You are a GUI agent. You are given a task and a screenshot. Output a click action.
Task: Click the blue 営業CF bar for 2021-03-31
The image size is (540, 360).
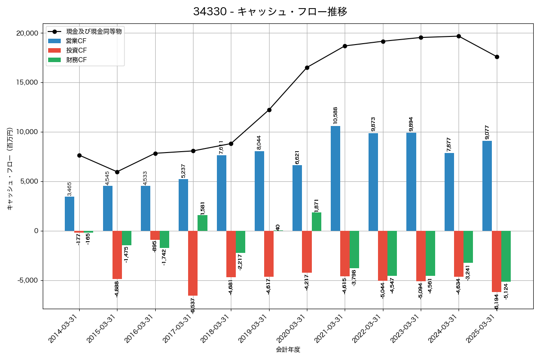(x=335, y=178)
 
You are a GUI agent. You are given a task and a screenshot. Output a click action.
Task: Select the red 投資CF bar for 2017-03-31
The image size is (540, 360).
(x=193, y=263)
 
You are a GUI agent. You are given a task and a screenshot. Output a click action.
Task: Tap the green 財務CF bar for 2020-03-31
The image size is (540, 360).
(x=316, y=222)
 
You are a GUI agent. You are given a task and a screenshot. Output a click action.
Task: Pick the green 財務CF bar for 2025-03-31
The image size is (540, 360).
(x=506, y=256)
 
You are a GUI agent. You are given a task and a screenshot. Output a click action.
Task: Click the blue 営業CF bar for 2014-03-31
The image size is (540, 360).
(x=69, y=214)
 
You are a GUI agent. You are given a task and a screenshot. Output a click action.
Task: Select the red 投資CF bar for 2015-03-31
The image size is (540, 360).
(x=117, y=255)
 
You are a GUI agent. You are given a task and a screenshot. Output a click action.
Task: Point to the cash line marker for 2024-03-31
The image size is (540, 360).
(x=459, y=36)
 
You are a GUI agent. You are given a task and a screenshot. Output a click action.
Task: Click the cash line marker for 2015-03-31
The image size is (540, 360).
(x=117, y=172)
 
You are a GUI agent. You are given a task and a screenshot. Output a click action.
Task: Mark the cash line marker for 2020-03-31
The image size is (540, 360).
(x=307, y=67)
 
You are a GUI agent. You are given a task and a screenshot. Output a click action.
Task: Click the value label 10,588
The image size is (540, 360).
(x=335, y=115)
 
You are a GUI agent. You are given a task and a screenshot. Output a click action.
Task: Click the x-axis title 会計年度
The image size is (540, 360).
(x=288, y=350)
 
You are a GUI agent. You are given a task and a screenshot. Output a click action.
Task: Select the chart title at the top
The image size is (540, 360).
(x=270, y=12)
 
